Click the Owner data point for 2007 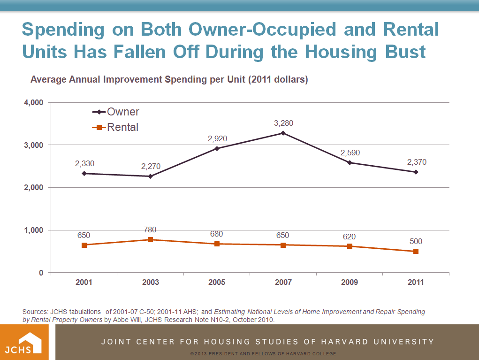[x=283, y=133]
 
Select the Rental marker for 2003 [x=151, y=239]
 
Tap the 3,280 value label [x=283, y=123]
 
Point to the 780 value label [x=150, y=230]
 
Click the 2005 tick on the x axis [x=217, y=282]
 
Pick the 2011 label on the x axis [x=416, y=282]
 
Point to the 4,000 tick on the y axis [x=34, y=102]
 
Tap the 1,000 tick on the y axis [x=34, y=230]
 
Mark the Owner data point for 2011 [x=416, y=172]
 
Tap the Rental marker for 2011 [x=416, y=251]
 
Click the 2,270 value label [x=151, y=166]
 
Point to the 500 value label [x=416, y=241]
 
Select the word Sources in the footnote [x=35, y=312]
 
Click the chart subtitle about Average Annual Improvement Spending [x=169, y=80]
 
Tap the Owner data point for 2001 [x=84, y=173]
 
